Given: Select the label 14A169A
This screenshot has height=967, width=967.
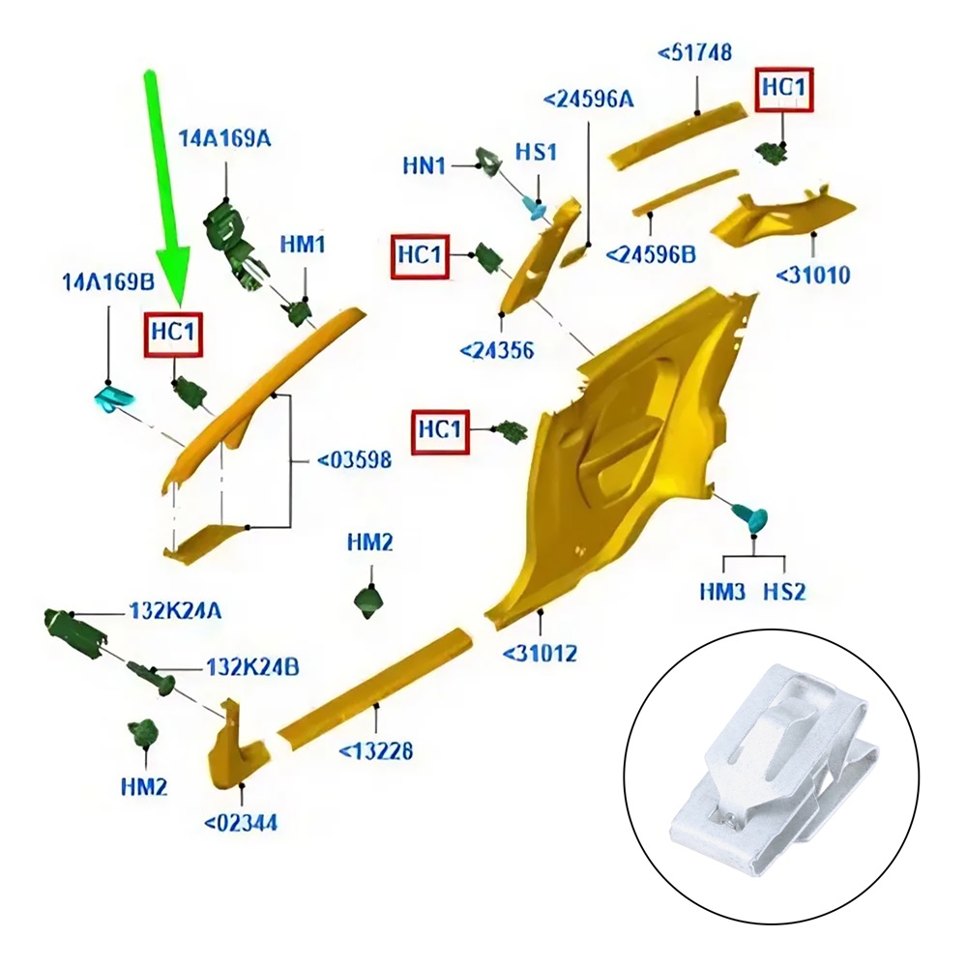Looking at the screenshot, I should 224,139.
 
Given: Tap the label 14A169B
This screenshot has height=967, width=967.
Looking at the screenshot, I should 107,282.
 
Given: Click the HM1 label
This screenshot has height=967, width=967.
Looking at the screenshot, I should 303,245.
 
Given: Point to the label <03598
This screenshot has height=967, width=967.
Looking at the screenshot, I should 354,460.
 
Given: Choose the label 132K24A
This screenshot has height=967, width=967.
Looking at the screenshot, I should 174,612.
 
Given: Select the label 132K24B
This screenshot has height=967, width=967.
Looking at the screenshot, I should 251,667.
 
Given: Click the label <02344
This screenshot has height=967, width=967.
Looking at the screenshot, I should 241,823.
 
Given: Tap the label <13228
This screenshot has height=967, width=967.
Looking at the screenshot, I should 376,750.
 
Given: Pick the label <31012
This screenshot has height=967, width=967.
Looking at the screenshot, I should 540,654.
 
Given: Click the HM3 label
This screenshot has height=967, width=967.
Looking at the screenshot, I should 722,591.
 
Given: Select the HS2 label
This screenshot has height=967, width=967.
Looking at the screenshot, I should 784,591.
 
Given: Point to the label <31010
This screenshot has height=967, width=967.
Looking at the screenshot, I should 812,276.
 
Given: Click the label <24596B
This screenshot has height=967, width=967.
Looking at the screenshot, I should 651,254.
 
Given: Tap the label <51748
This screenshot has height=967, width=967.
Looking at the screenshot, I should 695,52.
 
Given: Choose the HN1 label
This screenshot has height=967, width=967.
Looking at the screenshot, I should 425,166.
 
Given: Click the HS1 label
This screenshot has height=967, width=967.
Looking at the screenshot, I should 536,153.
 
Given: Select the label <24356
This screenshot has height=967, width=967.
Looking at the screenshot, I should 496,350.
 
